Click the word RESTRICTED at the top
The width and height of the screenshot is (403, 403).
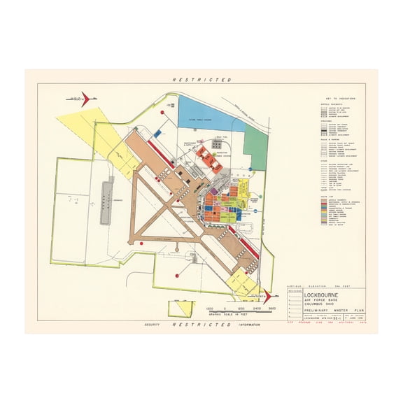(x=202, y=80)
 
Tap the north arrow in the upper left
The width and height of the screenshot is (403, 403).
(x=82, y=98)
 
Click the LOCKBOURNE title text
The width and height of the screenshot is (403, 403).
(x=327, y=295)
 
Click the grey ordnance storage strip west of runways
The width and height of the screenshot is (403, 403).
(x=107, y=200)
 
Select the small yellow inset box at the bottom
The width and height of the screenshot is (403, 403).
(x=182, y=308)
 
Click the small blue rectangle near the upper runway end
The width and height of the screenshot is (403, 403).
(x=157, y=132)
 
